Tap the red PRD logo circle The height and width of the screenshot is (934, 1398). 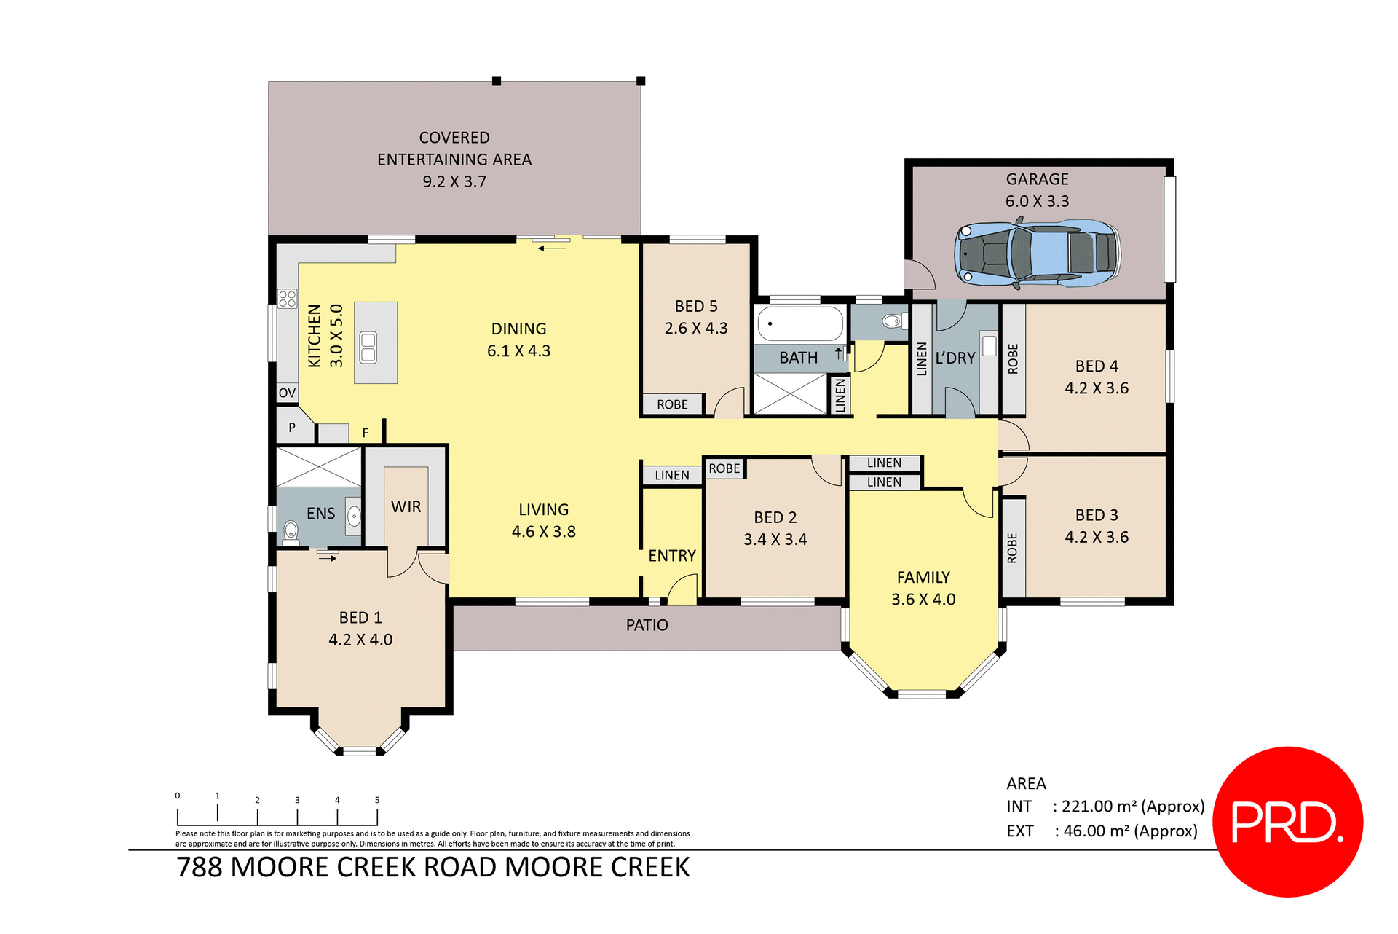coord(1287,821)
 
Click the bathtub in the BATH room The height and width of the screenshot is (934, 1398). coord(799,323)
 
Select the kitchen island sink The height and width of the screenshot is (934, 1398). coord(368,347)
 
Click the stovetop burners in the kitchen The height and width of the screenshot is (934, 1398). coord(287,298)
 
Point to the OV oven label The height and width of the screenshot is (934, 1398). coord(287,393)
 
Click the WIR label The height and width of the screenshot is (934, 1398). coord(406,506)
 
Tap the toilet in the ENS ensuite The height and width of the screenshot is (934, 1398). coord(291,532)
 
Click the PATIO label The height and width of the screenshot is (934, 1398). coord(647,625)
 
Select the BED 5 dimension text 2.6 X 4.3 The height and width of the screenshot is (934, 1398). coord(695,329)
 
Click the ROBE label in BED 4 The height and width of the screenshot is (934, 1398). coord(1013,359)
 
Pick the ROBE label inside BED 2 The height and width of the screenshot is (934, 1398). coord(724,468)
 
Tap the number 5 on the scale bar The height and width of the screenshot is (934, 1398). coord(377,800)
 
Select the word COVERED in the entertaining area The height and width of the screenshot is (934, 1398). coord(454,138)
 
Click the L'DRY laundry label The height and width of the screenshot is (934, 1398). coord(955,358)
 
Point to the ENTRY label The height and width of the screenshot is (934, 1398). coord(671,556)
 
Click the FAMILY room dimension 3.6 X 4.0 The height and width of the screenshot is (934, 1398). coord(923,600)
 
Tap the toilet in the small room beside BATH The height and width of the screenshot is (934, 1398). coord(891,321)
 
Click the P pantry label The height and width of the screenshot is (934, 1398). coord(292,428)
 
